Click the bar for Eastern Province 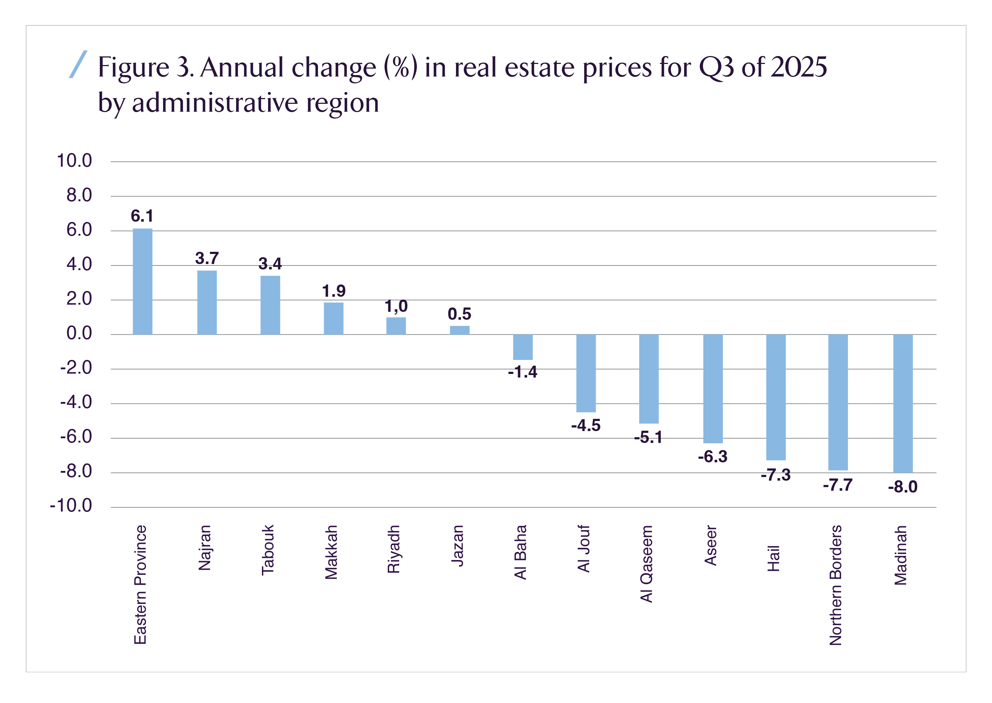tap(142, 281)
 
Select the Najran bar tap(207, 302)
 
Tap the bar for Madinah tap(903, 403)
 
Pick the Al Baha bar tap(523, 347)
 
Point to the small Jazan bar tap(460, 330)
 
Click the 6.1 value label tap(142, 216)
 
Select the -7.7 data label tap(838, 485)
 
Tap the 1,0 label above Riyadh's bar tap(396, 306)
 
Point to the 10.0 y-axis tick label tap(74, 161)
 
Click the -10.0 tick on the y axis tap(71, 505)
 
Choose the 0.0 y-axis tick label tap(79, 333)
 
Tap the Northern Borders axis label tap(835, 585)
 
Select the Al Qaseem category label tap(646, 564)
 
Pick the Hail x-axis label tap(773, 559)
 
